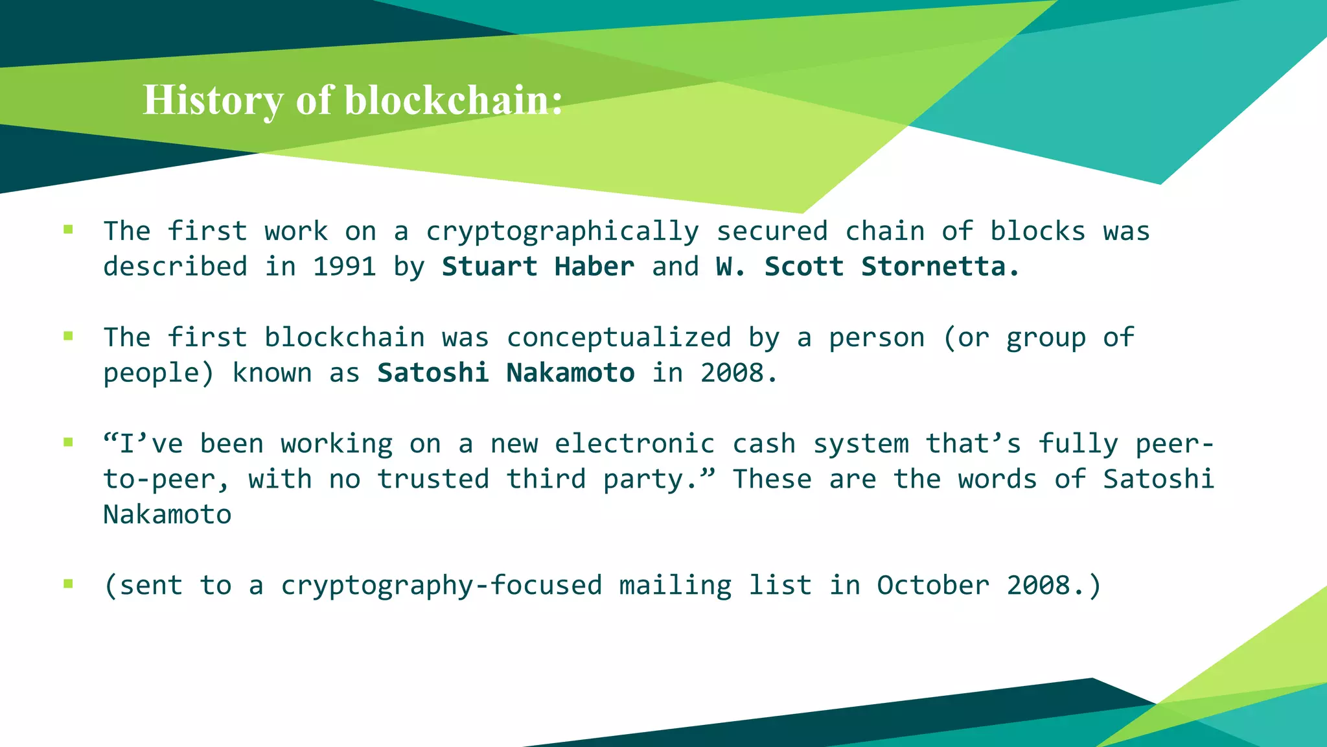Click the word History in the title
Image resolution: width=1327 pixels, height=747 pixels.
[213, 101]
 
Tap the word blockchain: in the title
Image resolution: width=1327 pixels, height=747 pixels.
[454, 101]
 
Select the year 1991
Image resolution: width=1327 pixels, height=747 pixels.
[344, 267]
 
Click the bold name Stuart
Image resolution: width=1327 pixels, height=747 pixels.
[489, 267]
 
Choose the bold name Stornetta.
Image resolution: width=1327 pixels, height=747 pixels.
[940, 267]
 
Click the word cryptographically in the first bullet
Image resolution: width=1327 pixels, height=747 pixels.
[562, 231]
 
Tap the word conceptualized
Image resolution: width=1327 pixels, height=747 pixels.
[619, 338]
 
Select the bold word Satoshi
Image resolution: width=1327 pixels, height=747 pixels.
[433, 373]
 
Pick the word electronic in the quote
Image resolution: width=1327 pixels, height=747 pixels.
[635, 444]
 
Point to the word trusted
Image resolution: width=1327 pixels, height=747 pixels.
[433, 479]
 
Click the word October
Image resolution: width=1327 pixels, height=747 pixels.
[933, 586]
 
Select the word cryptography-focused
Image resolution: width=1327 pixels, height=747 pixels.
[441, 586]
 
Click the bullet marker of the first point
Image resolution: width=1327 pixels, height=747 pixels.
[68, 229]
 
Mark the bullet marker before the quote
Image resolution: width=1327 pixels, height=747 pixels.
[68, 442]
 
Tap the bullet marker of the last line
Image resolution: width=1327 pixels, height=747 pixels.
[68, 584]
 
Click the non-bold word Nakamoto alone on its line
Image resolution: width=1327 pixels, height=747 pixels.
[167, 515]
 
